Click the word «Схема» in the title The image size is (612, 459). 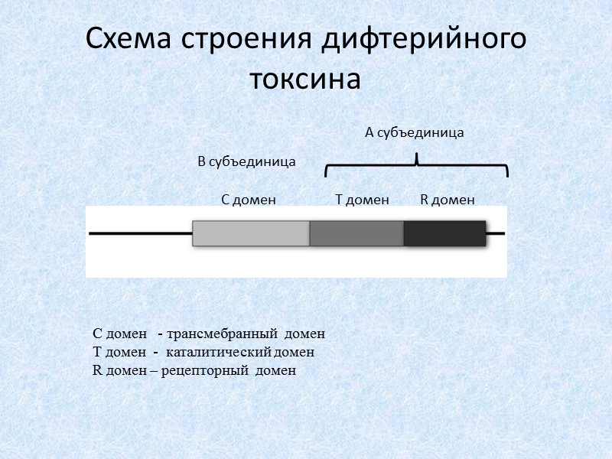(x=129, y=40)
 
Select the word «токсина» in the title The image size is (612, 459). (x=305, y=78)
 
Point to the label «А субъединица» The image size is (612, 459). (x=415, y=133)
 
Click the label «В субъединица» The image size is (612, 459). (x=246, y=162)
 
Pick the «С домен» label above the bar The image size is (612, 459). (x=248, y=200)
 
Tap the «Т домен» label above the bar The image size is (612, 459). (x=363, y=200)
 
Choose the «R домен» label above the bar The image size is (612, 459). (x=448, y=200)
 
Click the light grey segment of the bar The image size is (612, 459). (x=251, y=233)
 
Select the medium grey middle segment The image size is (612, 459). (x=356, y=233)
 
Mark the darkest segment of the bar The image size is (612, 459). (x=444, y=233)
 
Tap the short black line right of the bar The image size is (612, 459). (x=496, y=233)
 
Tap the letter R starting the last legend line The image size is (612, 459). (x=96, y=371)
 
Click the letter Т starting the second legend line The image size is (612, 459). (x=97, y=353)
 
